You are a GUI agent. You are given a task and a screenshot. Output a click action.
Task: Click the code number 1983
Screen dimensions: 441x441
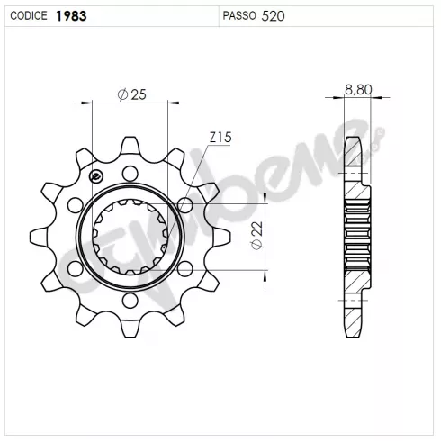pyautogui.click(x=71, y=16)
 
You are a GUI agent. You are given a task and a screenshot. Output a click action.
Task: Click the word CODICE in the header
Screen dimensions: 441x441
pyautogui.click(x=29, y=15)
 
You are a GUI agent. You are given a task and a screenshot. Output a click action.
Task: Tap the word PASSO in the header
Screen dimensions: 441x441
pyautogui.click(x=239, y=15)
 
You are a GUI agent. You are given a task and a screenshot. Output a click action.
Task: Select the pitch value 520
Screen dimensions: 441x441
pyautogui.click(x=273, y=16)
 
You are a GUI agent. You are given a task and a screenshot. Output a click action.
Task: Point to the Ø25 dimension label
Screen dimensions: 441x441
pyautogui.click(x=132, y=94)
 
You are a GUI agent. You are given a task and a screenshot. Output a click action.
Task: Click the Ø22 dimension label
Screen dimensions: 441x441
pyautogui.click(x=257, y=236)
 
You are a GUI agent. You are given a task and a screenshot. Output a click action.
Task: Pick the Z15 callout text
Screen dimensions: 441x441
pyautogui.click(x=220, y=138)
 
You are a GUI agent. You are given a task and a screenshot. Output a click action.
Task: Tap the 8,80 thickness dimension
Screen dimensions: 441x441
pyautogui.click(x=358, y=89)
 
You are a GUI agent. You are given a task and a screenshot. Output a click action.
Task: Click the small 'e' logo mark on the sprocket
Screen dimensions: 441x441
pyautogui.click(x=96, y=176)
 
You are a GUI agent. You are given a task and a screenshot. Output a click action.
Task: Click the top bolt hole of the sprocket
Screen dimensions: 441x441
pyautogui.click(x=130, y=174)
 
